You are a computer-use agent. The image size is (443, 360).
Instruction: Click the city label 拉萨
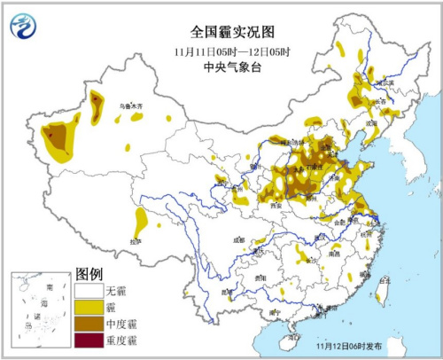[x=136, y=241]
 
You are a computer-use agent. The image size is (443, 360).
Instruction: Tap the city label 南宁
[x=275, y=312]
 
